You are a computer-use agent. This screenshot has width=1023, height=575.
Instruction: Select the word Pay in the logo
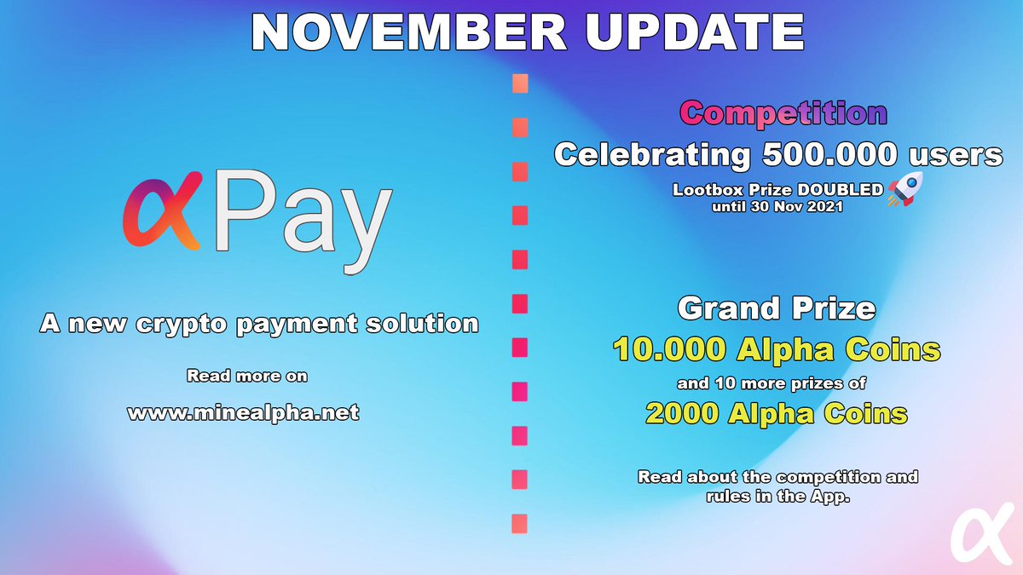(x=303, y=217)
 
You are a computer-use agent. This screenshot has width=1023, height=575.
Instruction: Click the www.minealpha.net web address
(x=243, y=413)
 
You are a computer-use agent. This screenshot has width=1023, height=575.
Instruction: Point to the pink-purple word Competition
(x=784, y=113)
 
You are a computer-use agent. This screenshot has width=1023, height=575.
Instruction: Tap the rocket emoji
(x=905, y=189)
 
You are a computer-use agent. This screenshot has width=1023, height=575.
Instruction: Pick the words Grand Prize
(x=776, y=308)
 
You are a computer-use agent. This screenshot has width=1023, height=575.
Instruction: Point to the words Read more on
(x=246, y=376)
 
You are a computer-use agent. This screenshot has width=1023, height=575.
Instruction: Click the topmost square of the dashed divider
(x=519, y=83)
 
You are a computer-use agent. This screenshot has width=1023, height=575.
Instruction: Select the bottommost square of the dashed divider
(x=519, y=523)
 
